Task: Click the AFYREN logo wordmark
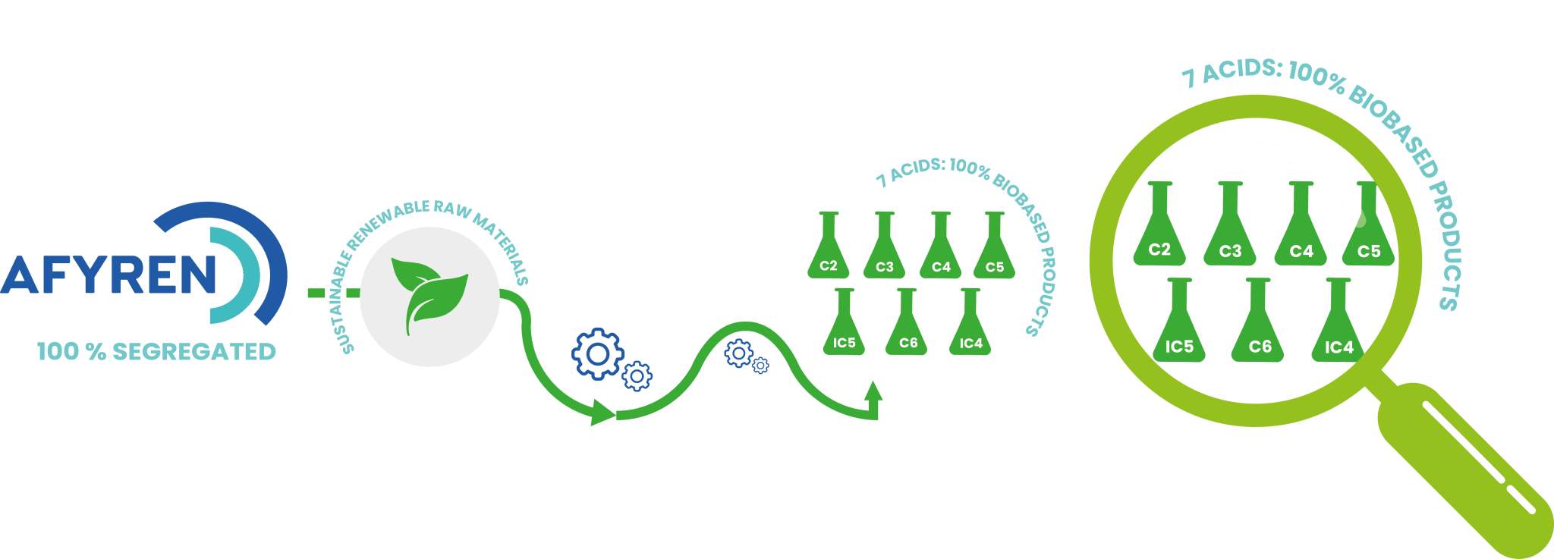click(x=110, y=275)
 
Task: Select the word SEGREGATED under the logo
click(x=193, y=352)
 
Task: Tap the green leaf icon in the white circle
click(x=429, y=293)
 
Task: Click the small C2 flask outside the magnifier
click(x=828, y=250)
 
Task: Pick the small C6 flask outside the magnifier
click(x=908, y=328)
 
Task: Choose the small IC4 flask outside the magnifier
click(x=970, y=328)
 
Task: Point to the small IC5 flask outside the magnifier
click(x=844, y=328)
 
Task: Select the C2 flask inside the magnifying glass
click(x=1159, y=231)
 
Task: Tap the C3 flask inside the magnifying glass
click(x=1230, y=231)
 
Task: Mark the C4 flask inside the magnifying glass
click(x=1301, y=231)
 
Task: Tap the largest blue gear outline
click(x=597, y=353)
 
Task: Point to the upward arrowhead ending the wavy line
click(x=873, y=391)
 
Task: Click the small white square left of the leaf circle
click(x=335, y=294)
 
